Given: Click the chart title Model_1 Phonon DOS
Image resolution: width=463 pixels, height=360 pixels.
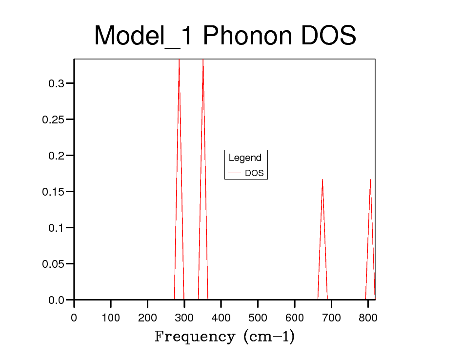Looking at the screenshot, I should tap(225, 36).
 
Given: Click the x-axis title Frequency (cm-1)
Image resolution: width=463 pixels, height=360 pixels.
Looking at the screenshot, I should tap(224, 337).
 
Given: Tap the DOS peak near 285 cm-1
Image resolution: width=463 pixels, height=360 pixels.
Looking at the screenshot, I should tap(179, 61).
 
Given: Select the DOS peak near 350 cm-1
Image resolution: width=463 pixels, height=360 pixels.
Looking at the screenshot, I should tap(203, 61).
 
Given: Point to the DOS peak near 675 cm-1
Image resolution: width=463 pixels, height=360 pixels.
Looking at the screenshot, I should tap(322, 180).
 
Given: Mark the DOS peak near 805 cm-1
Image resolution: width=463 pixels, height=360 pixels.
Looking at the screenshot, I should tap(370, 180).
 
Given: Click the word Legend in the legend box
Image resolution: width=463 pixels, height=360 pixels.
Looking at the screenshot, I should tap(245, 158).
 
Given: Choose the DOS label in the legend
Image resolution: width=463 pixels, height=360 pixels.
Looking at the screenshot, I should tap(254, 173).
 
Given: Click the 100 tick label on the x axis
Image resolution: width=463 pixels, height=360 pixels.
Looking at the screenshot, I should tap(111, 319).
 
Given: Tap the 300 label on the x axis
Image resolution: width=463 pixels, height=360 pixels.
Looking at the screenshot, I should tap(184, 319).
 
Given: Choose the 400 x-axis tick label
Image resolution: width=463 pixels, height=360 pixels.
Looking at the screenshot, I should tap(221, 319).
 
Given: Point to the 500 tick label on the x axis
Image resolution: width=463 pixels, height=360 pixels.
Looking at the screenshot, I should tap(258, 319).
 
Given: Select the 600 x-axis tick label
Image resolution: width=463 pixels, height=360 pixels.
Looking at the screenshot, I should tap(295, 319).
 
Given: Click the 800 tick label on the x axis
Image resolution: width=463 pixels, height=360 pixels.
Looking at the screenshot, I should tap(368, 319).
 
